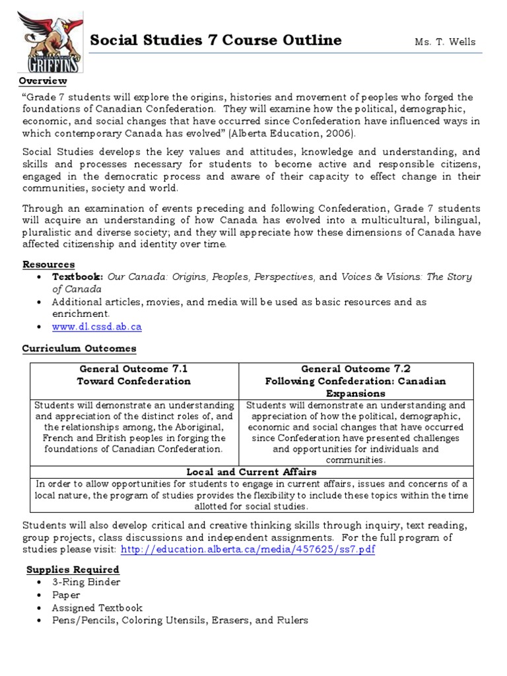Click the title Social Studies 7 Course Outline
pyautogui.click(x=215, y=40)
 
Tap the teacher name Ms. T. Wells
pyautogui.click(x=444, y=42)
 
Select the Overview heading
pyautogui.click(x=43, y=81)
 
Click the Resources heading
pyautogui.click(x=48, y=264)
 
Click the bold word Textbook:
pyautogui.click(x=78, y=277)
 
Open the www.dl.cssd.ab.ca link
pyautogui.click(x=97, y=326)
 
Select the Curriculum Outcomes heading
pyautogui.click(x=79, y=348)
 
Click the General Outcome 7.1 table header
pyautogui.click(x=133, y=369)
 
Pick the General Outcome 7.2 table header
pyautogui.click(x=355, y=369)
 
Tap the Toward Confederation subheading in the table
pyautogui.click(x=133, y=381)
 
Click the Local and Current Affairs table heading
pyautogui.click(x=252, y=472)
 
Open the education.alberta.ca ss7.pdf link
pyautogui.click(x=248, y=549)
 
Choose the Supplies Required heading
pyautogui.click(x=73, y=569)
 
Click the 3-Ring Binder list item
pyautogui.click(x=86, y=582)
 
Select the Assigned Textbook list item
pyautogui.click(x=97, y=607)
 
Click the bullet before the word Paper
pyautogui.click(x=41, y=595)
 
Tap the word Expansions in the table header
pyautogui.click(x=355, y=393)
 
